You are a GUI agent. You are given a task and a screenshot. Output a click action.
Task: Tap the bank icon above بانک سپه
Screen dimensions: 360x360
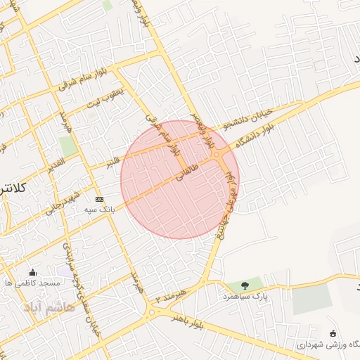99,199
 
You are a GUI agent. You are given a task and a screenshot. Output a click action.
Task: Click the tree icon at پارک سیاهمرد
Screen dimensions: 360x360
244,285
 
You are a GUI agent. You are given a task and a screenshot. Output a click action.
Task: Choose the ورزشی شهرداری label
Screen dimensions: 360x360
329,345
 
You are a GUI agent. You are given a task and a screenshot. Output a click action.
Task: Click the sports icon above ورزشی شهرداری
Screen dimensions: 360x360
333,333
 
